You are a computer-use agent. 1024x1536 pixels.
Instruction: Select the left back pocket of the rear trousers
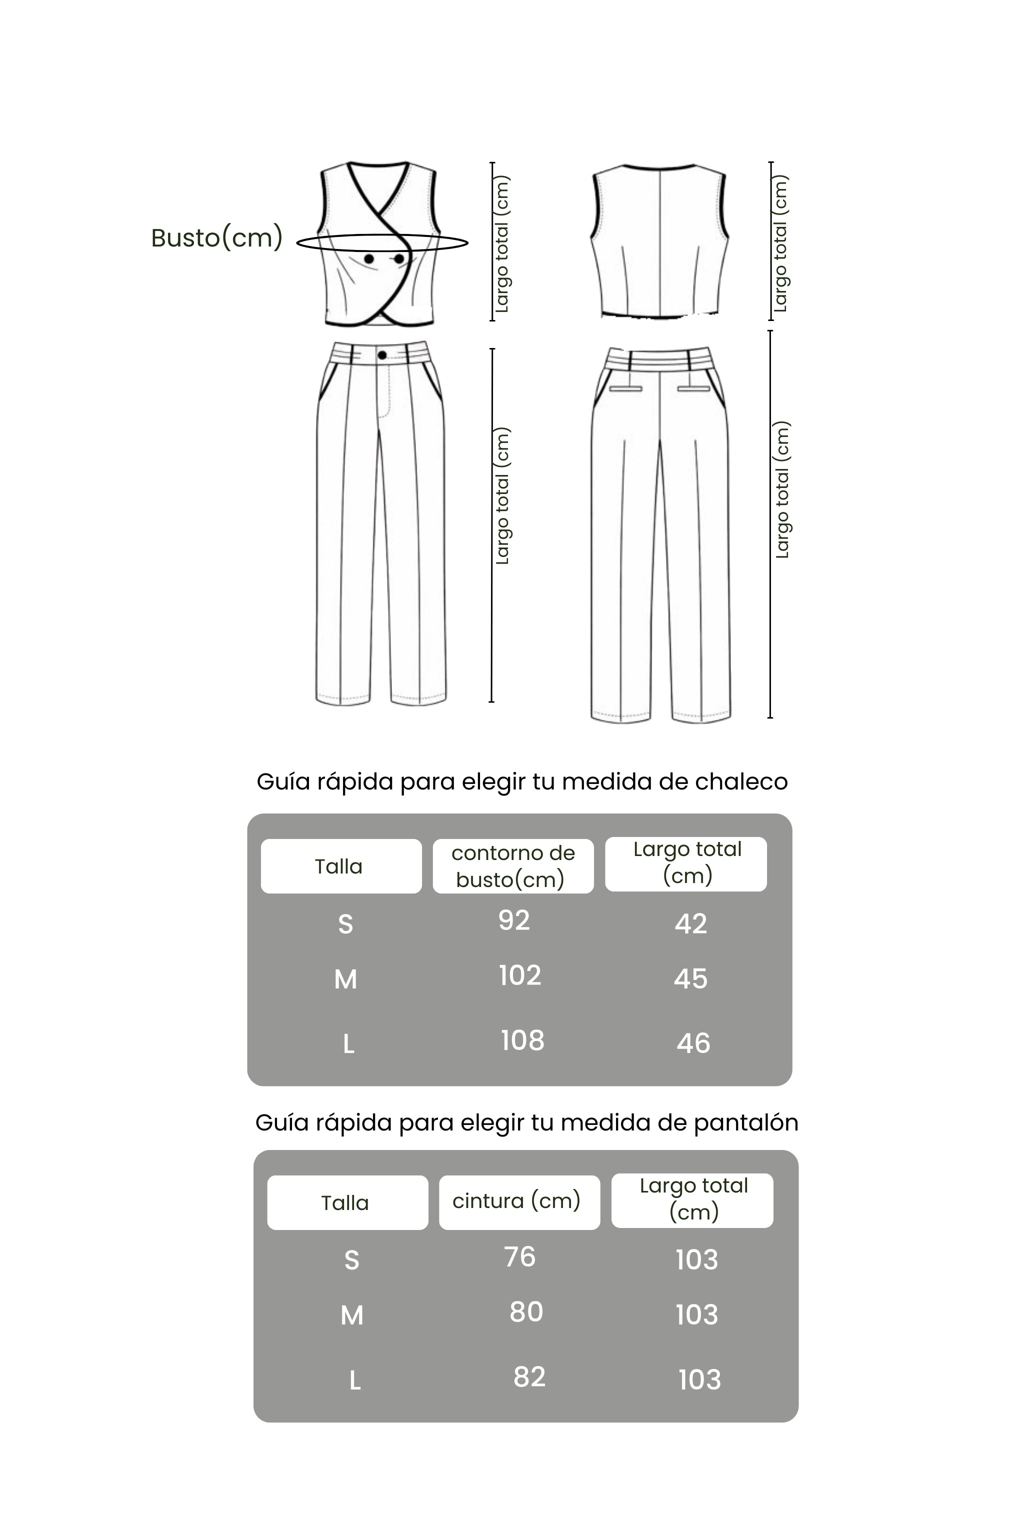click(x=625, y=388)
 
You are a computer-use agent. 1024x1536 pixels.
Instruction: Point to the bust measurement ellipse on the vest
click(x=382, y=243)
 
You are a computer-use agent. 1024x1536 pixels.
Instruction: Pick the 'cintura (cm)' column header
click(x=516, y=1200)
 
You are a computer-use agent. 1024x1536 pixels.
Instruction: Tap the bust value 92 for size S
click(x=514, y=920)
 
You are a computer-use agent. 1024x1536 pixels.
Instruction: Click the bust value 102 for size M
click(x=520, y=975)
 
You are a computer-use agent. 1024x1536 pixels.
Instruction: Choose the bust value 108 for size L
click(x=522, y=1040)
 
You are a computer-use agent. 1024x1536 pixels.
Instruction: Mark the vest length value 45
click(x=691, y=978)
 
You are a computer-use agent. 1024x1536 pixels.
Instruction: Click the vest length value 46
click(x=693, y=1043)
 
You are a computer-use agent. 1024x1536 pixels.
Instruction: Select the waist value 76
click(x=520, y=1256)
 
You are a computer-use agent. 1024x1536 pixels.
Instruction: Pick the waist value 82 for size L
click(x=529, y=1376)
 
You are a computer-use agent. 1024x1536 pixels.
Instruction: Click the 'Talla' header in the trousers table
click(x=345, y=1203)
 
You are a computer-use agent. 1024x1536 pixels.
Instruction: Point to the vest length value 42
click(x=691, y=923)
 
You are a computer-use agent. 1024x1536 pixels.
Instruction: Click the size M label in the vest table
click(x=345, y=979)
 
